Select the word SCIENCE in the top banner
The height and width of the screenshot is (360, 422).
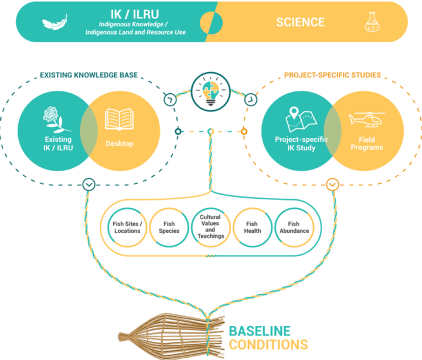(x=300, y=22)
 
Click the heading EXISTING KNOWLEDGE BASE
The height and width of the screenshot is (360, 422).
(x=89, y=75)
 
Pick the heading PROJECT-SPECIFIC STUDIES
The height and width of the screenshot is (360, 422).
(x=333, y=75)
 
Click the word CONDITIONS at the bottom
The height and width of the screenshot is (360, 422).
(x=268, y=344)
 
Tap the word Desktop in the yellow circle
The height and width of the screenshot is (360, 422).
(x=120, y=143)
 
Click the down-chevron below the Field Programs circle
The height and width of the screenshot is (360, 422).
(x=332, y=184)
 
